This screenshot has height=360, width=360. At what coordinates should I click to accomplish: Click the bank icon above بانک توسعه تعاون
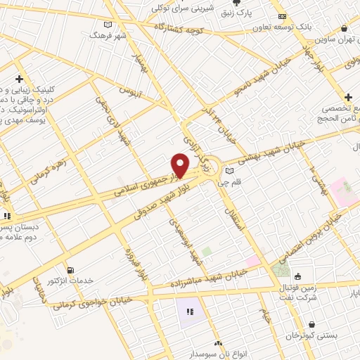click(282, 16)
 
